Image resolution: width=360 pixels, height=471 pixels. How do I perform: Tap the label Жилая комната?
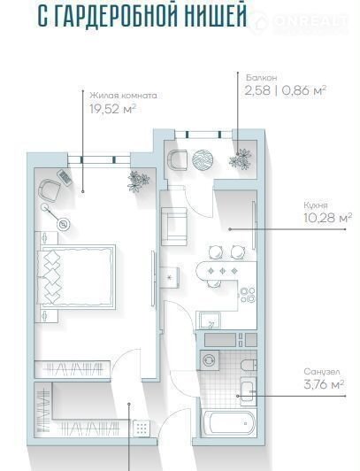pyautogui.click(x=123, y=96)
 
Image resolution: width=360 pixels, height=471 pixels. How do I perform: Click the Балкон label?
pyautogui.click(x=261, y=78)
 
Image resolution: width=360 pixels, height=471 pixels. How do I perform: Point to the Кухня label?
pyautogui.click(x=315, y=205)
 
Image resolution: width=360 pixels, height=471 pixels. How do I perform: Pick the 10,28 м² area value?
pyautogui.click(x=328, y=218)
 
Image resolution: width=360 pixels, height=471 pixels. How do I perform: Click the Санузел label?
pyautogui.click(x=322, y=372)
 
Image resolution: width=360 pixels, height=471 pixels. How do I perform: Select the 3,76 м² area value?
pyautogui.click(x=324, y=384)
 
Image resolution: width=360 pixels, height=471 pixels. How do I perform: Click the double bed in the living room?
pyautogui.click(x=76, y=276)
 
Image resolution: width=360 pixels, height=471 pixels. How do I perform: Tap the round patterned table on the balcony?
pyautogui.click(x=203, y=159)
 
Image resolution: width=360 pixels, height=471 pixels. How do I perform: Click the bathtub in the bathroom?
pyautogui.click(x=228, y=423)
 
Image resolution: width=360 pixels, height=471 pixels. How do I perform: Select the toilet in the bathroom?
pyautogui.click(x=249, y=365)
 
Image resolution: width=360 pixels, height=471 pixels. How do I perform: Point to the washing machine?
pyautogui.click(x=208, y=359)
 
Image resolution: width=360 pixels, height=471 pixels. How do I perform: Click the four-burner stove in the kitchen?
pyautogui.click(x=248, y=295)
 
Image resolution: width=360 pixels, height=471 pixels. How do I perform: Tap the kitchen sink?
pyautogui.click(x=209, y=320)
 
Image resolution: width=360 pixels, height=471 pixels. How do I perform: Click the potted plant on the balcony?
pyautogui.click(x=241, y=159)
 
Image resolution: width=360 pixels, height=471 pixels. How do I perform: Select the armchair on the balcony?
pyautogui.click(x=177, y=160)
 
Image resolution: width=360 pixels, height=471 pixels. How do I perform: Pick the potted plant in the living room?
pyautogui.click(x=138, y=181)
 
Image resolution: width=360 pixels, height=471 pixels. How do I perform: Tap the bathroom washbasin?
pyautogui.click(x=248, y=391)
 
